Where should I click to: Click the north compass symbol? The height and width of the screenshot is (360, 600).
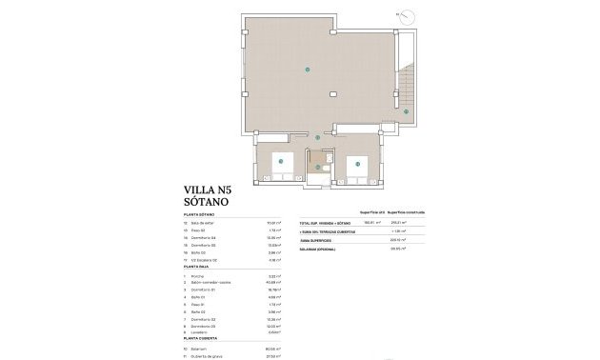(408, 16)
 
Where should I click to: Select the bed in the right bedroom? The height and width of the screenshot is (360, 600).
(358, 163)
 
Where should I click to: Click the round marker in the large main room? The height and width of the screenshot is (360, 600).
(306, 70)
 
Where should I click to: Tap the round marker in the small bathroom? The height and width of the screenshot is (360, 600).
(317, 168)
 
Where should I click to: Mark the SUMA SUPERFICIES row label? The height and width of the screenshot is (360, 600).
(321, 240)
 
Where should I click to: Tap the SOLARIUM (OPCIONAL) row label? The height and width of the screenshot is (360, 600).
(324, 248)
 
